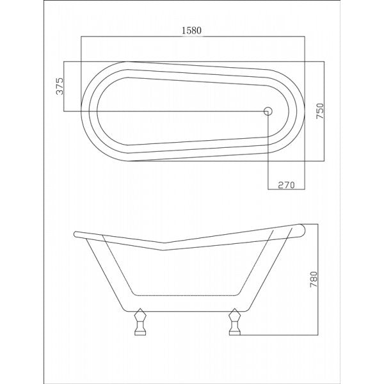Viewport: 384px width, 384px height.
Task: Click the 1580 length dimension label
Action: (x=193, y=30)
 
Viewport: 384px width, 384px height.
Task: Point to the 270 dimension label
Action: (x=285, y=185)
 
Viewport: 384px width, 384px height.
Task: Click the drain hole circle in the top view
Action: (x=268, y=111)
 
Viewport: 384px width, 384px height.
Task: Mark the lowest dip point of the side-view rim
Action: (x=163, y=250)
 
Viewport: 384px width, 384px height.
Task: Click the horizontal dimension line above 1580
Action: (x=193, y=37)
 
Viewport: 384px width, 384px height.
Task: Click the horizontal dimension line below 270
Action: (x=285, y=190)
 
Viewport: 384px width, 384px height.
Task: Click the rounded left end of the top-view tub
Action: (x=83, y=111)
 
